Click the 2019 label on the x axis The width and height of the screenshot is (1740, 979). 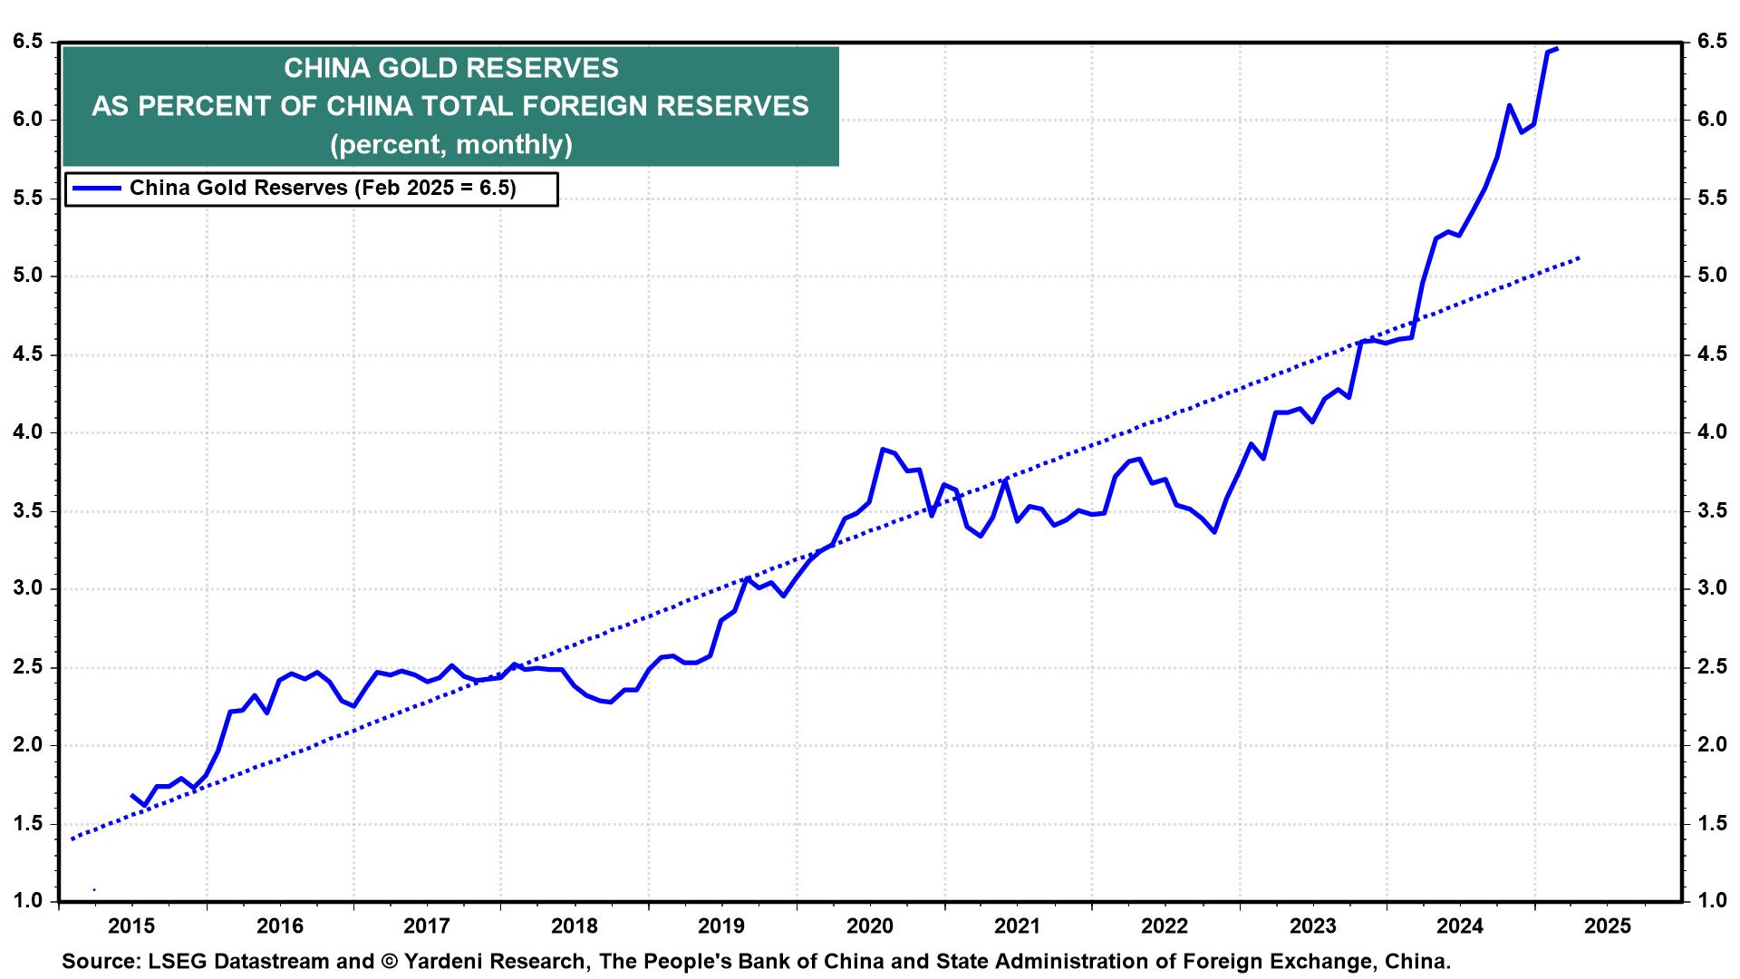click(x=721, y=926)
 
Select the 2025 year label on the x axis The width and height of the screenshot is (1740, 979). click(x=1607, y=926)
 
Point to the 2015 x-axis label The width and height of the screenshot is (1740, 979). click(x=131, y=926)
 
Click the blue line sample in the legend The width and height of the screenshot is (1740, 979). click(x=96, y=189)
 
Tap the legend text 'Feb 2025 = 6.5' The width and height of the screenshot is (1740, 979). click(x=435, y=189)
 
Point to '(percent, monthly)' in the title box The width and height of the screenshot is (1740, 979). click(x=450, y=144)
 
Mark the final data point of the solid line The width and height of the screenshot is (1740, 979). click(x=1557, y=49)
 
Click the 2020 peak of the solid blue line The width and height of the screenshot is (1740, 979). click(x=882, y=449)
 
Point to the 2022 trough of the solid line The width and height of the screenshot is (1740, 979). click(x=1213, y=532)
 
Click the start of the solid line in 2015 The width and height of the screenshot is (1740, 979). click(x=132, y=795)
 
